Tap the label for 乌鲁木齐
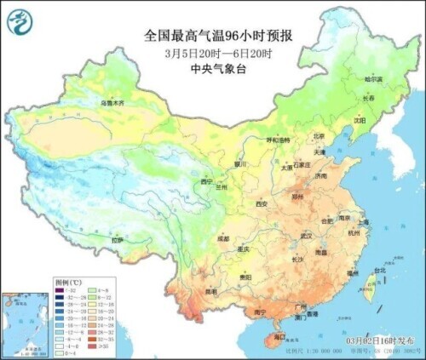(112, 103)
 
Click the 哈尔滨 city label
(374, 79)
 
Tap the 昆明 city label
(210, 292)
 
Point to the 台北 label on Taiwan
(379, 271)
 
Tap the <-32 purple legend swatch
(59, 289)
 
